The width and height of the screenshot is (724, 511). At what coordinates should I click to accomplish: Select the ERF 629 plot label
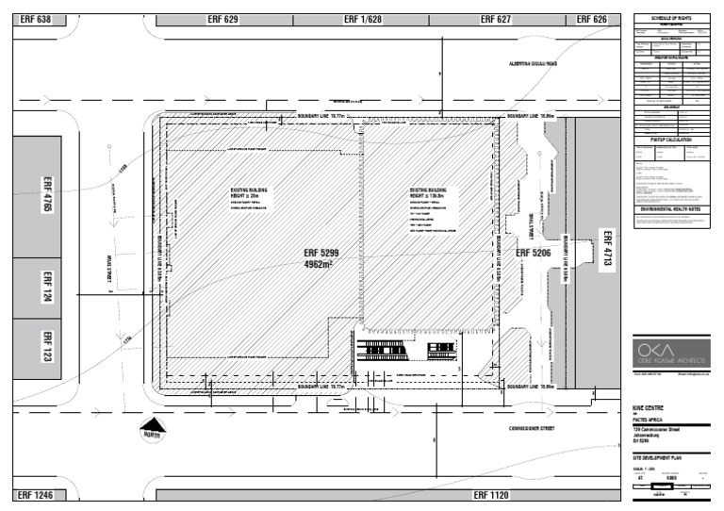(222, 19)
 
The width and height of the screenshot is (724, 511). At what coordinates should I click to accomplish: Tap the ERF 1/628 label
(363, 19)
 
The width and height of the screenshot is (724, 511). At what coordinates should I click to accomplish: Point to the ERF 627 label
(495, 19)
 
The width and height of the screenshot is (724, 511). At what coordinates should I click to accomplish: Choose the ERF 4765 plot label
(47, 193)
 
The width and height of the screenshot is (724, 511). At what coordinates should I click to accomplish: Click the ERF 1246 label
(35, 494)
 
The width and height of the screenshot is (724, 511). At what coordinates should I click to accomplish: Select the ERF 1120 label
(491, 494)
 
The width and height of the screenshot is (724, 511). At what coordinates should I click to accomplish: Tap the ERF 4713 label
(608, 252)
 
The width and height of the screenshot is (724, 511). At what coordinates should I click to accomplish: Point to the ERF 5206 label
(533, 253)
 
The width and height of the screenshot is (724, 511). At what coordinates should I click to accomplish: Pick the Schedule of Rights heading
(672, 19)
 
